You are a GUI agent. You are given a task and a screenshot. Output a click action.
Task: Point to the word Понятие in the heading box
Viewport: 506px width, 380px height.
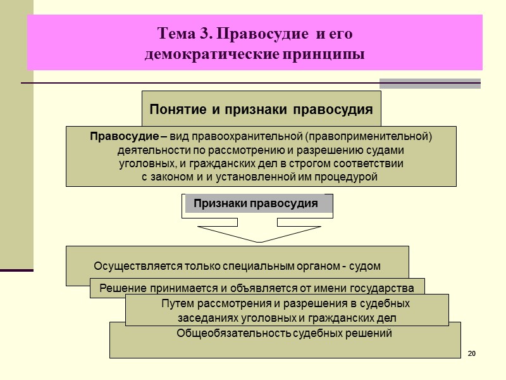[175, 110]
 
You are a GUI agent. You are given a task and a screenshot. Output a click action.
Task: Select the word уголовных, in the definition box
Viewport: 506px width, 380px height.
[146, 163]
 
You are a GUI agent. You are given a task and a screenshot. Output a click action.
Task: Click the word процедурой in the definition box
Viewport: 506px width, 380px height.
[347, 177]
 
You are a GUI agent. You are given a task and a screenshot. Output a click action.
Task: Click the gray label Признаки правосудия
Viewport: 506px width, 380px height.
[256, 204]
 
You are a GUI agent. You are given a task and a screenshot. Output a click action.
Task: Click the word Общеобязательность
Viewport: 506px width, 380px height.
[234, 333]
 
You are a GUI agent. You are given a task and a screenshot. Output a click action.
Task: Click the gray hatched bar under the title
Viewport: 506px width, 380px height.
[429, 83]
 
